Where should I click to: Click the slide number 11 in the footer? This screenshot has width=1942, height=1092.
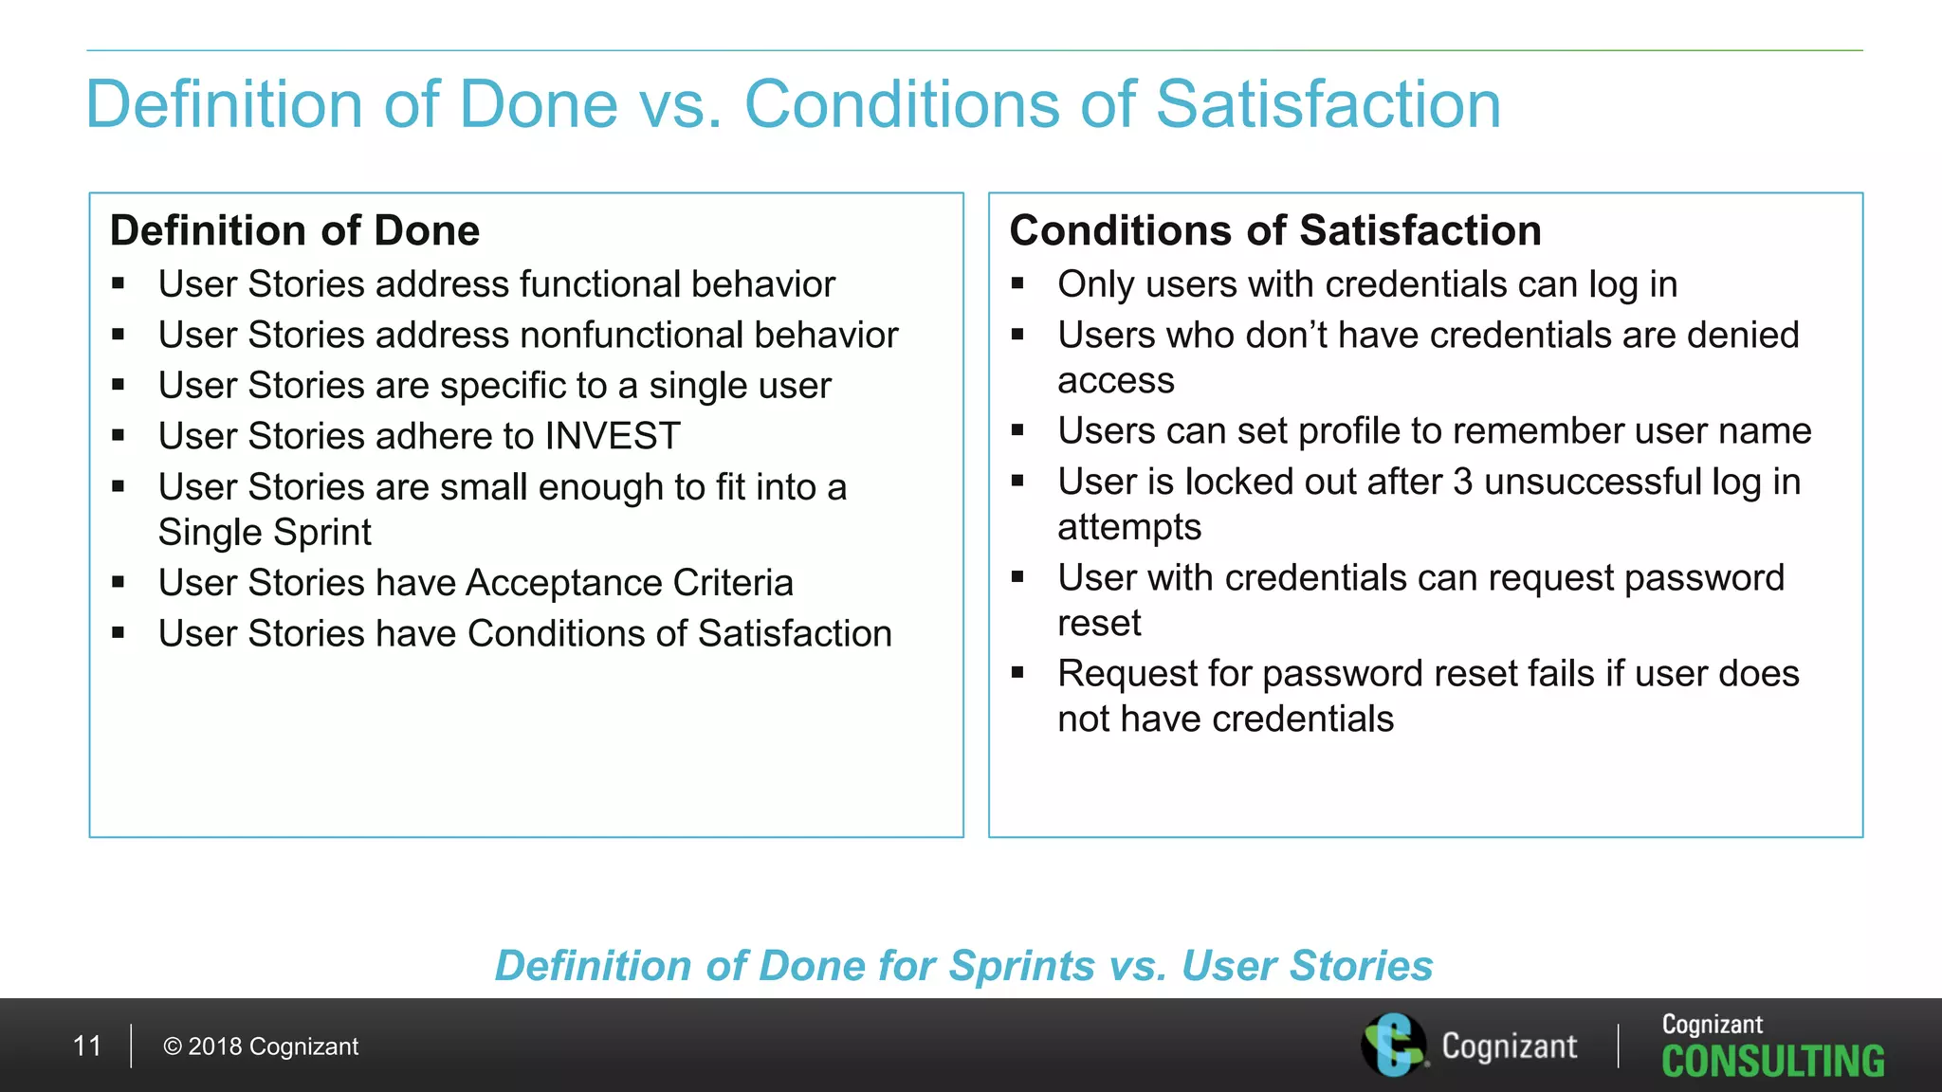(x=87, y=1046)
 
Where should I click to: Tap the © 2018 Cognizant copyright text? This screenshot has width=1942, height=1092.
(x=261, y=1046)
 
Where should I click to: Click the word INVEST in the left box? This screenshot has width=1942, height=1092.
(x=613, y=436)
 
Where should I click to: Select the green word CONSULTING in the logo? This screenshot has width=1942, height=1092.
(x=1772, y=1062)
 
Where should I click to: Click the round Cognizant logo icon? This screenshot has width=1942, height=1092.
(x=1393, y=1045)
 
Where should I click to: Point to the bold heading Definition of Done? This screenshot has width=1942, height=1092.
(x=295, y=230)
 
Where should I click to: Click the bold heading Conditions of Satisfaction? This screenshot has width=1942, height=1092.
(x=1275, y=230)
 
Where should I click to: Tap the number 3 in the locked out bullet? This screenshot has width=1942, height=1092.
(x=1463, y=482)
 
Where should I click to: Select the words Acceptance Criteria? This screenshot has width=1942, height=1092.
(x=630, y=582)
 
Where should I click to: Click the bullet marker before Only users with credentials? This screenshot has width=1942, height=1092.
(x=1017, y=282)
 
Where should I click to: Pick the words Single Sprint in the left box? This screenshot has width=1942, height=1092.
(x=265, y=532)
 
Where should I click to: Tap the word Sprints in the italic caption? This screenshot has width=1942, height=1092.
(x=1022, y=966)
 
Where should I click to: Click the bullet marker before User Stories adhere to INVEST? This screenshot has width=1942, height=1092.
(x=119, y=435)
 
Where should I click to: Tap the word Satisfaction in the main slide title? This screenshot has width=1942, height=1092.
(x=1328, y=103)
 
